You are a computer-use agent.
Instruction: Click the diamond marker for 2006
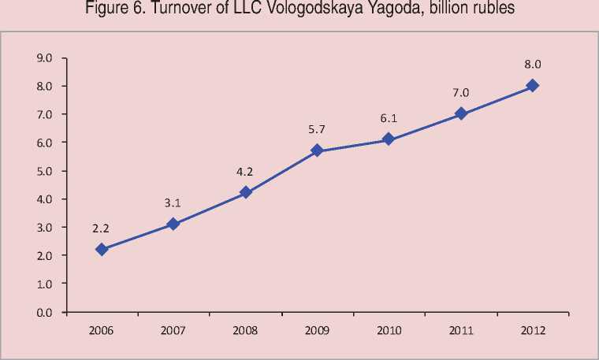coord(102,249)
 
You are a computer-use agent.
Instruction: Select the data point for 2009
coord(317,150)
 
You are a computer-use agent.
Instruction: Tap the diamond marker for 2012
coord(532,85)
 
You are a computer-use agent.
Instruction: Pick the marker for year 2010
coord(389,139)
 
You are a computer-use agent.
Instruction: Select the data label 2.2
coord(100,228)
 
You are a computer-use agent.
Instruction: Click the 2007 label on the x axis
coord(173,329)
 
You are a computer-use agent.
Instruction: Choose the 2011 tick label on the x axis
coord(460,329)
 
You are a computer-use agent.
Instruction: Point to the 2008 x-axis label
coord(245,329)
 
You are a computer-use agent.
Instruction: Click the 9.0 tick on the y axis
coord(44,58)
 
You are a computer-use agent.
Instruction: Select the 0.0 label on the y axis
coord(44,312)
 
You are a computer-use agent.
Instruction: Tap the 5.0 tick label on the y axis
coord(44,171)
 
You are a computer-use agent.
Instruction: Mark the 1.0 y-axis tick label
coord(44,284)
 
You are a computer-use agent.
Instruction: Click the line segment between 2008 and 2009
coord(281,171)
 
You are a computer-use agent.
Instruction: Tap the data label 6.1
coord(389,119)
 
